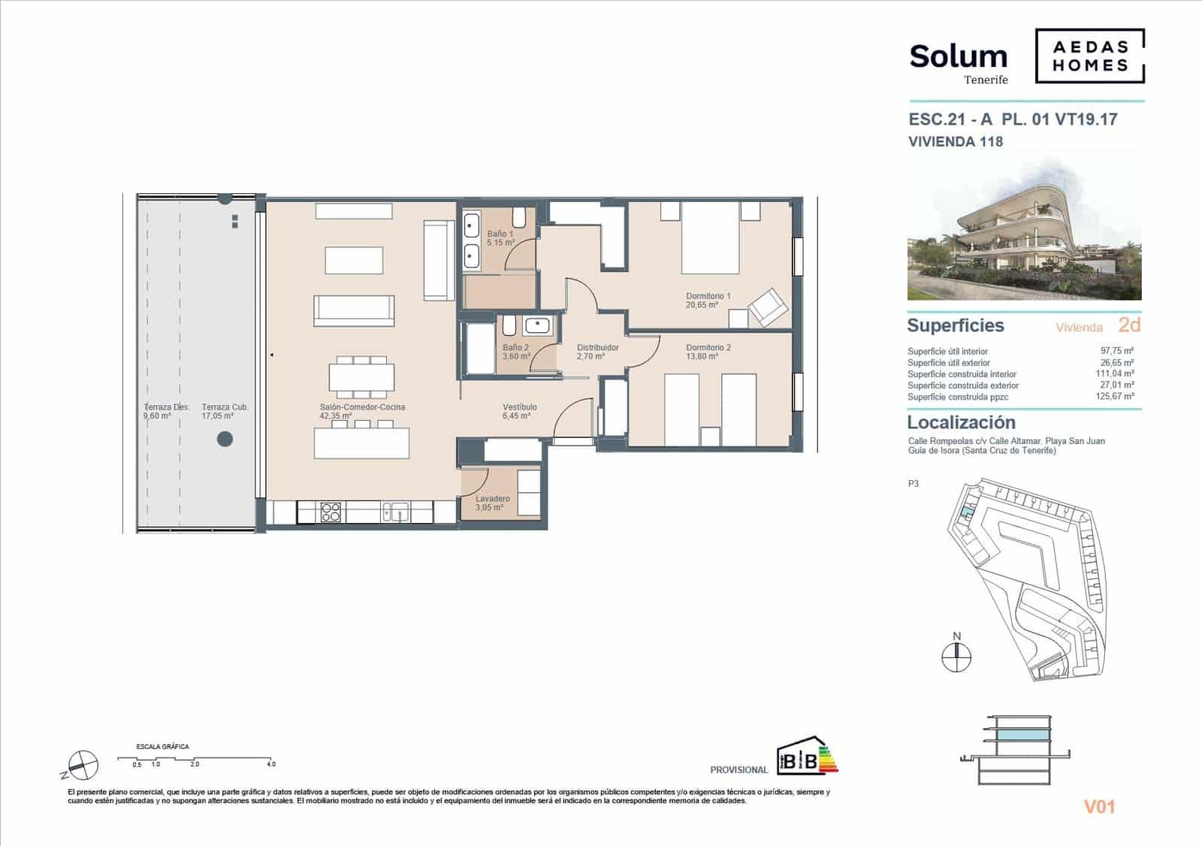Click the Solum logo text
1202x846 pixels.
pyautogui.click(x=958, y=57)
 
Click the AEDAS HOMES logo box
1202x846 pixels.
pyautogui.click(x=1090, y=56)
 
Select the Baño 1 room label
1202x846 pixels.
pyautogui.click(x=500, y=234)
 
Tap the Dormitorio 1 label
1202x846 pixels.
pyautogui.click(x=708, y=297)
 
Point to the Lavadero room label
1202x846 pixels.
pyautogui.click(x=492, y=499)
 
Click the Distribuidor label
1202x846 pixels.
pyautogui.click(x=597, y=348)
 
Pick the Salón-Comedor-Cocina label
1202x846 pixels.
pyautogui.click(x=362, y=407)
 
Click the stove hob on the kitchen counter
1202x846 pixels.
pyautogui.click(x=331, y=512)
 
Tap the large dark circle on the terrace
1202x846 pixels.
pyautogui.click(x=225, y=439)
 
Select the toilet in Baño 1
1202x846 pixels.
pyautogui.click(x=518, y=218)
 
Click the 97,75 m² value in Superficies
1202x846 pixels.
pyautogui.click(x=1116, y=351)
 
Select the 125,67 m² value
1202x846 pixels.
pyautogui.click(x=1116, y=397)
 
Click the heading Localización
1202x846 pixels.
pyautogui.click(x=961, y=422)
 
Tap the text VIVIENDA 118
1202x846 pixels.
pyautogui.click(x=955, y=141)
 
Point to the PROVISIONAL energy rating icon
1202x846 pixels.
pyautogui.click(x=806, y=756)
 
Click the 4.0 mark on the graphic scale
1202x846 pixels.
pyautogui.click(x=270, y=764)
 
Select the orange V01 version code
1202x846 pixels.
pyautogui.click(x=1098, y=807)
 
